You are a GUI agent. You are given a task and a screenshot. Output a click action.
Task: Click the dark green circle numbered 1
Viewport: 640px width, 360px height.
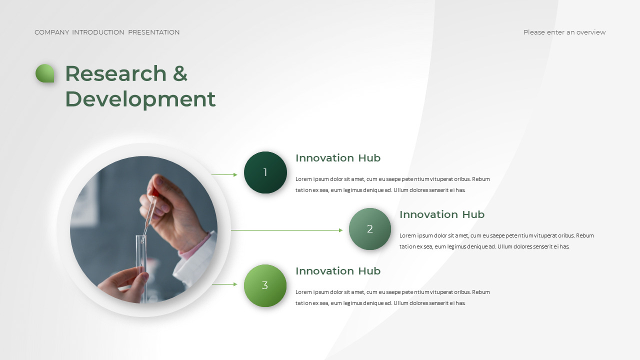coord(265,172)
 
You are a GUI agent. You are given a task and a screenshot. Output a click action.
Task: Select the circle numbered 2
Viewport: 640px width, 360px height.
coord(369,229)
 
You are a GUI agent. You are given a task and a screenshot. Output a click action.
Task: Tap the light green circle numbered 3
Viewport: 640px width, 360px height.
coord(265,285)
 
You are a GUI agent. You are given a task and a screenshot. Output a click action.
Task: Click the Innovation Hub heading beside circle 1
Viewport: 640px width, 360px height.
coord(338,158)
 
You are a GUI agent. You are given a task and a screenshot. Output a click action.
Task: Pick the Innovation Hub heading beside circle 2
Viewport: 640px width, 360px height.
coord(442,214)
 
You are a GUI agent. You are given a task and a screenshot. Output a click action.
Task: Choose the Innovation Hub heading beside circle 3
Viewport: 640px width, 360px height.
coord(338,271)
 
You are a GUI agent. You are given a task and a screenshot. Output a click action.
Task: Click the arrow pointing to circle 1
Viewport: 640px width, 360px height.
coord(224,174)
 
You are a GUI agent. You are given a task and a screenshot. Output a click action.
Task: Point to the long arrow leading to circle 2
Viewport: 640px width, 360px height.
coord(287,230)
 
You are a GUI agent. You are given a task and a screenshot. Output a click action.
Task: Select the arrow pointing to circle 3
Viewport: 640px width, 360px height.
coord(224,284)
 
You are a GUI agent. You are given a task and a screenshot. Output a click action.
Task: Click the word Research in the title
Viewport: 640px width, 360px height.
coord(116,73)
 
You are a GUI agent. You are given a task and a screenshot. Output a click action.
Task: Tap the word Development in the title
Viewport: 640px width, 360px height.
coord(140,99)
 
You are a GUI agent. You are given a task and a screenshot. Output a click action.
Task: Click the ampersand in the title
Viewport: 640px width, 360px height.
coord(180,73)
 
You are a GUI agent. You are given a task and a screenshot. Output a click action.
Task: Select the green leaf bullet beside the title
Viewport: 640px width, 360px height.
coord(45,73)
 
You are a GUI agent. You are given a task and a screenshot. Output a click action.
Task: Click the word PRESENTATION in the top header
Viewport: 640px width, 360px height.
coord(153,32)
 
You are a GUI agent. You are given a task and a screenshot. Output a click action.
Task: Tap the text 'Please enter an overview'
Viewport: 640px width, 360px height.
coord(564,32)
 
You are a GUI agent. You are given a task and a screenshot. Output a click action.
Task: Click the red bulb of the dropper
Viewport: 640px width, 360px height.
coord(155,193)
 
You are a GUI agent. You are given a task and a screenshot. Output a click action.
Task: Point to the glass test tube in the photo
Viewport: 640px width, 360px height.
coord(141,268)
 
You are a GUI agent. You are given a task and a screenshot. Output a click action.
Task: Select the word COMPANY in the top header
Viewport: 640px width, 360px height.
coord(52,32)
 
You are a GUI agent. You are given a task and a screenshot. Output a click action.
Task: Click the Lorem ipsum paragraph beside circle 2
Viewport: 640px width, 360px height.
coord(496,241)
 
